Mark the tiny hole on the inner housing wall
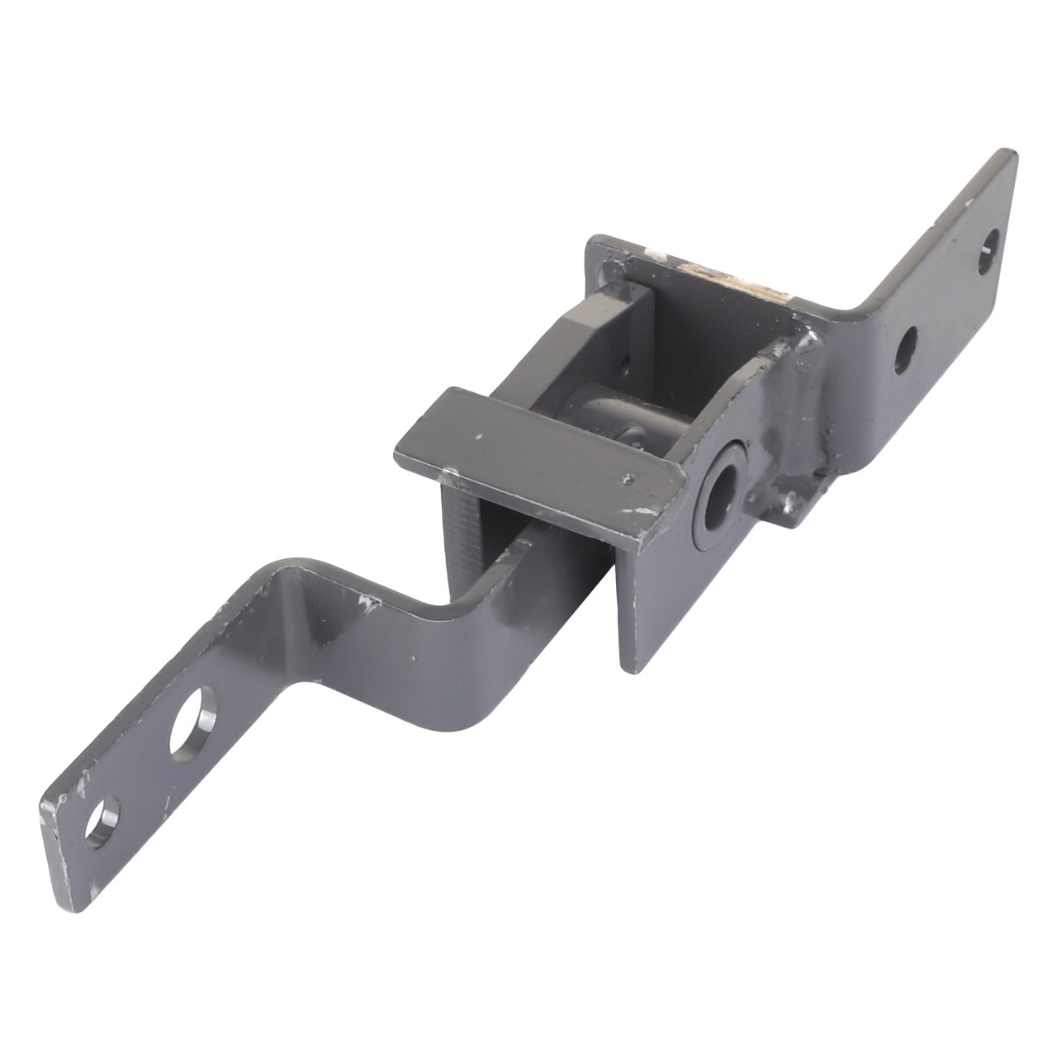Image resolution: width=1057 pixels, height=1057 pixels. [625, 362]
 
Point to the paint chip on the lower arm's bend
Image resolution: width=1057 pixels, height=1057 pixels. [363, 600]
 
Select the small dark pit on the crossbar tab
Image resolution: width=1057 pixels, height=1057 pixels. [630, 476]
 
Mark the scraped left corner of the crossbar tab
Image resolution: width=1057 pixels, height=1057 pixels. [449, 475]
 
